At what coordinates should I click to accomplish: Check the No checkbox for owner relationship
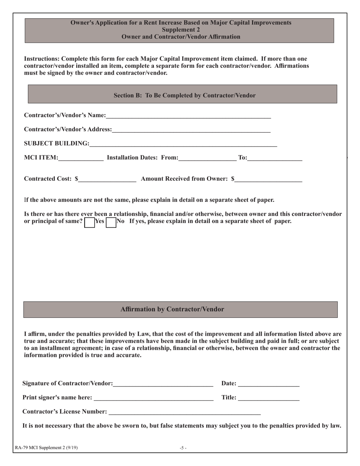tap(111, 222)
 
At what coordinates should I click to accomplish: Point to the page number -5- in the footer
tap(183, 448)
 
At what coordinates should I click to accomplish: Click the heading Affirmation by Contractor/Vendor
tap(172, 309)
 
